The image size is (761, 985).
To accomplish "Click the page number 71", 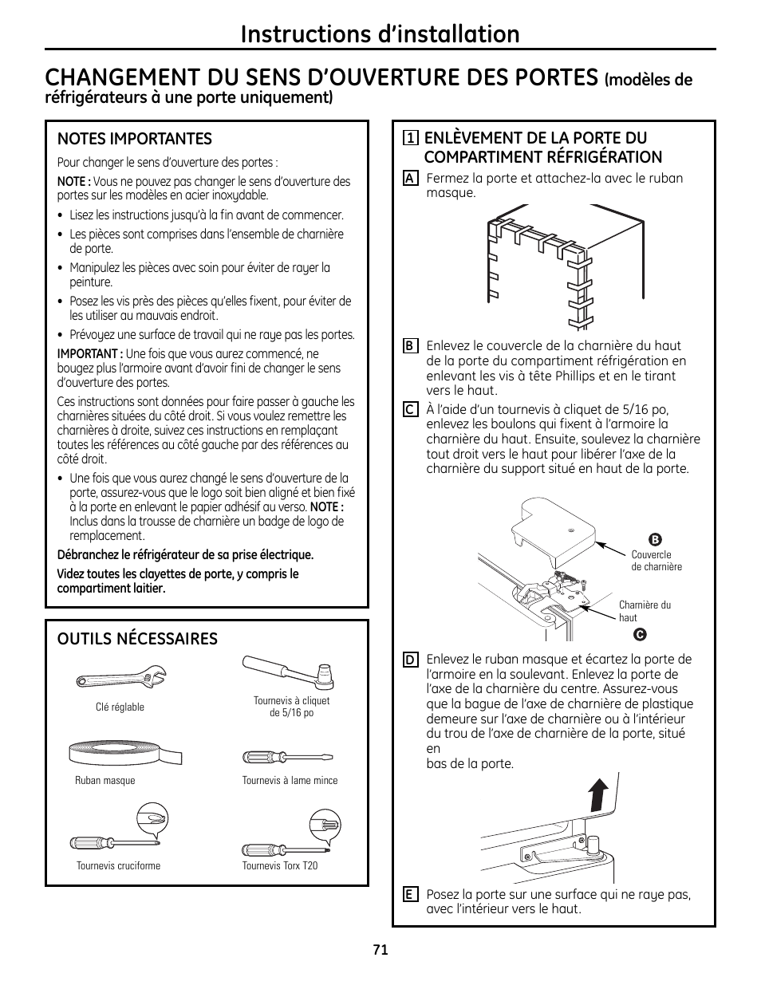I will [x=380, y=950].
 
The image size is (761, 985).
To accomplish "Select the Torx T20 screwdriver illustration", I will [x=291, y=835].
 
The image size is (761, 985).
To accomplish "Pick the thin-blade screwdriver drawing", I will [x=288, y=757].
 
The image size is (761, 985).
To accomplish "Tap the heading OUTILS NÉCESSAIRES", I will [x=137, y=639].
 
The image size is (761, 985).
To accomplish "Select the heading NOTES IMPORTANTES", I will [x=135, y=139].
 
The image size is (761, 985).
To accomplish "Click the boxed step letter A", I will [x=410, y=179].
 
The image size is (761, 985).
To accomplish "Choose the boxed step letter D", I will [x=410, y=660].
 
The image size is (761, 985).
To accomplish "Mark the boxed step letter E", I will [x=410, y=895].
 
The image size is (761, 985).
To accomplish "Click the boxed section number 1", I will [x=411, y=138].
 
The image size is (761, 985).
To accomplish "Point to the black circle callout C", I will [x=639, y=635].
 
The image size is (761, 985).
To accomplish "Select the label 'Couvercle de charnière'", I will [x=656, y=561].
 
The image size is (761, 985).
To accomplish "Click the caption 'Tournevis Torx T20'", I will [x=280, y=865].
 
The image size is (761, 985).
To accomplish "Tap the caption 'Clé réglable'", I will [x=120, y=707].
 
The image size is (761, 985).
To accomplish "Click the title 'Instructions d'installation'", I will [x=380, y=33].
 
